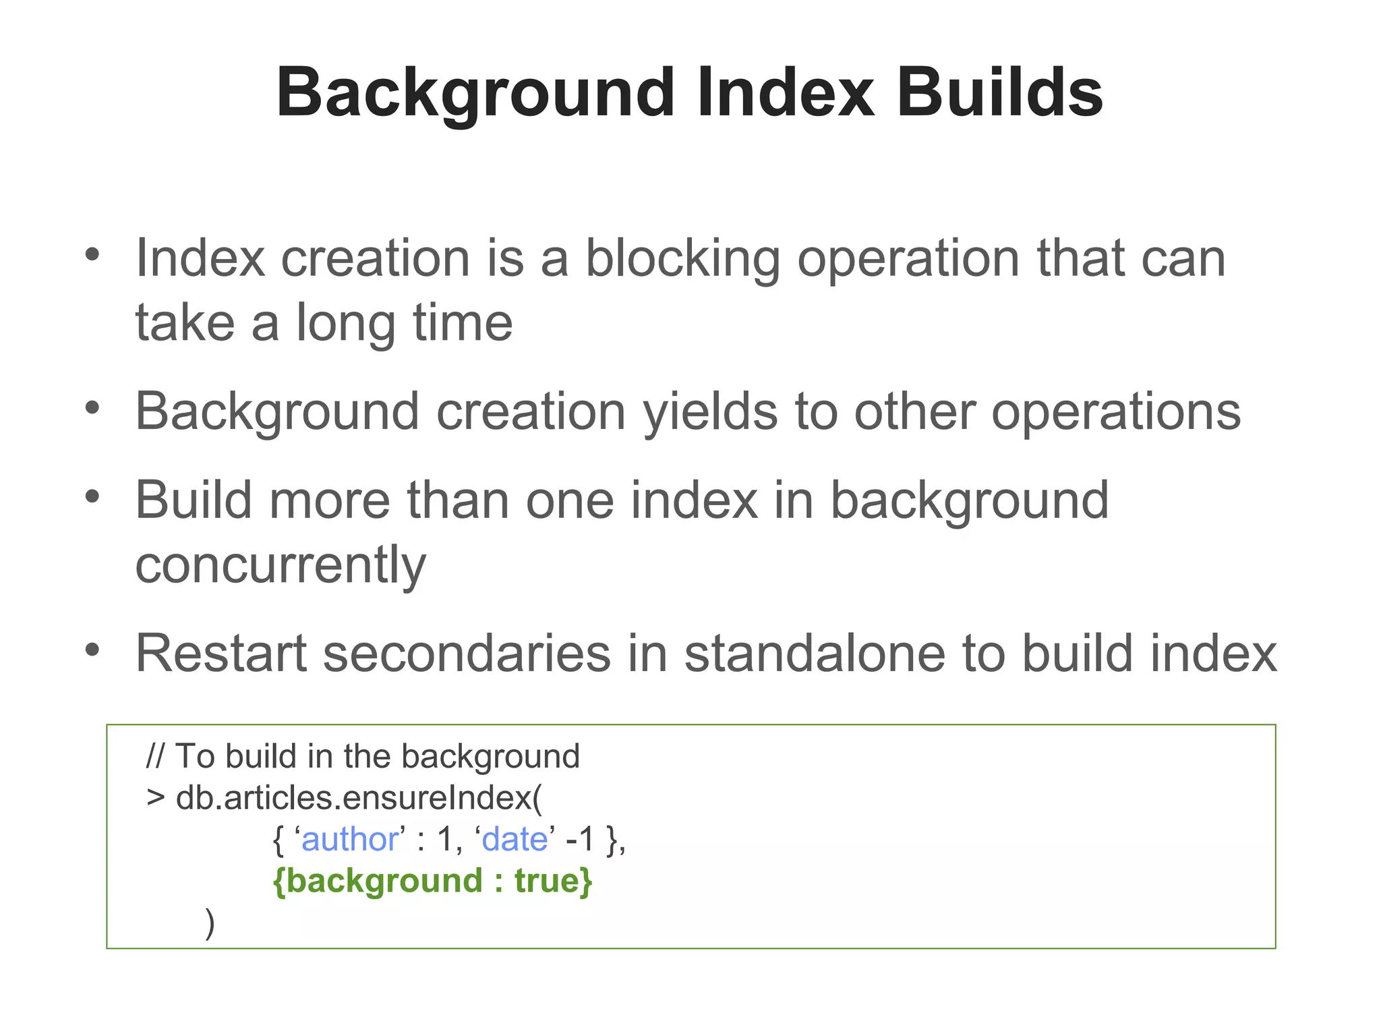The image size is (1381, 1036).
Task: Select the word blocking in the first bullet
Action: tap(682, 258)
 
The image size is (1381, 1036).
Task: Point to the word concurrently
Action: tap(281, 565)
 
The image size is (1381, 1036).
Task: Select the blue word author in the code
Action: tap(350, 840)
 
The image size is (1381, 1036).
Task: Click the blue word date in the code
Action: tap(515, 840)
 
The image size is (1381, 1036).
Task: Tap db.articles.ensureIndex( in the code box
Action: tap(358, 798)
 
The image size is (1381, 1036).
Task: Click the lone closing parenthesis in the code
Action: tap(210, 923)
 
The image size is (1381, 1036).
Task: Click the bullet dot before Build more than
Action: tap(92, 497)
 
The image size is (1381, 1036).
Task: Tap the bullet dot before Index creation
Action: tap(92, 255)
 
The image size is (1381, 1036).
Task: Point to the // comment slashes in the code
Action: tap(154, 756)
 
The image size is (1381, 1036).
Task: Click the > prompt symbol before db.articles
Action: tap(155, 798)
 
